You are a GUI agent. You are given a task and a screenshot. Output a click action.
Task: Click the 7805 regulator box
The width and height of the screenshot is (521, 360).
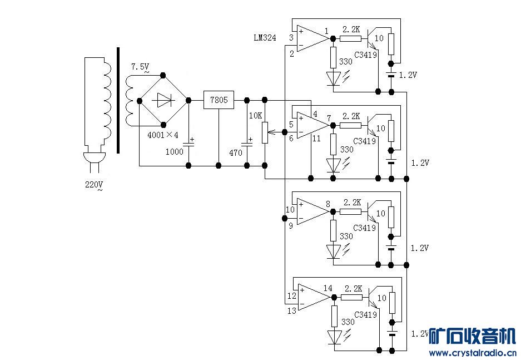(219, 100)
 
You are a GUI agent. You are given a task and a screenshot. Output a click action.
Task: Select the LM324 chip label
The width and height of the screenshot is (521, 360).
(265, 38)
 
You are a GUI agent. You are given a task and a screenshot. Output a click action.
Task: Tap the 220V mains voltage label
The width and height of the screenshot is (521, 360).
(94, 185)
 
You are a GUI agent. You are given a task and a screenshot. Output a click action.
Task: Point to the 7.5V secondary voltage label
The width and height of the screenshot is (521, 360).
(140, 67)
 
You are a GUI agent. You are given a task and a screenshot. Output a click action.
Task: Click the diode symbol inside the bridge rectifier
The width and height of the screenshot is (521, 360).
(163, 100)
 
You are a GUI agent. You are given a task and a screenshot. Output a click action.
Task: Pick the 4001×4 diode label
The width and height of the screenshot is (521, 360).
(163, 135)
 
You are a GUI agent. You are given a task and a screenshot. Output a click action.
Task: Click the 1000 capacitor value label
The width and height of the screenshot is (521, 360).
(175, 151)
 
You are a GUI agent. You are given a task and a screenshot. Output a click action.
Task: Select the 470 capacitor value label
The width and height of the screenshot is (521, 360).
(236, 152)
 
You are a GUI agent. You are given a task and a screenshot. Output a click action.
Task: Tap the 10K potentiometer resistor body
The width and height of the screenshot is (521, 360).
(265, 132)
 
